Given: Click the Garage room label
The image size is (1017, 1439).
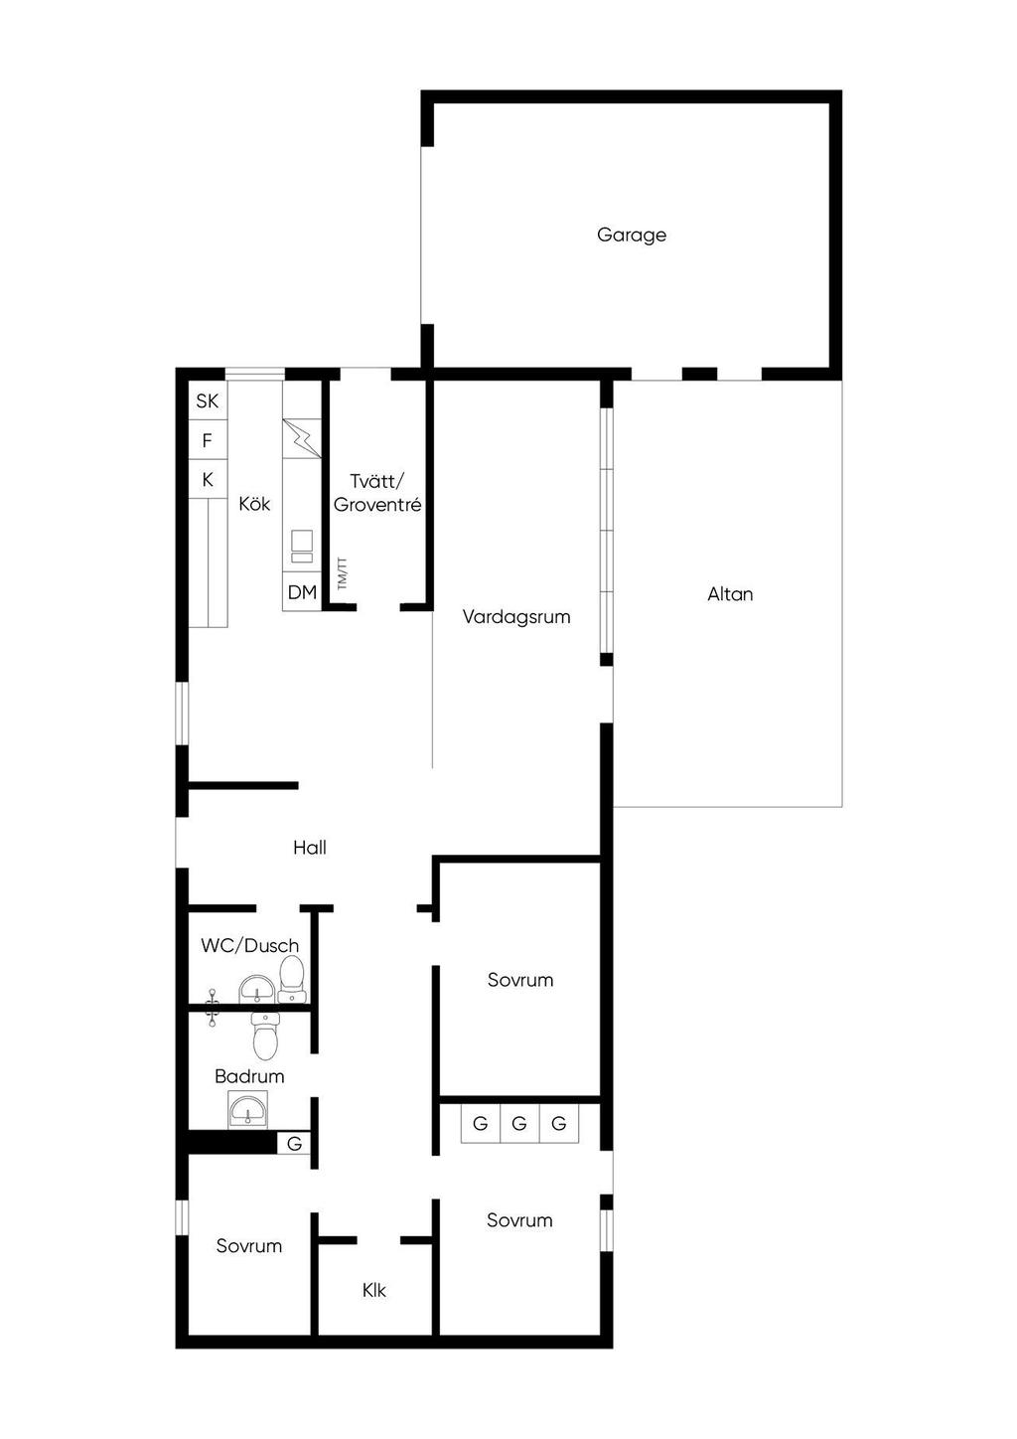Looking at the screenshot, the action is (x=631, y=236).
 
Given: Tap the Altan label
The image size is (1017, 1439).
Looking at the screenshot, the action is (x=730, y=594).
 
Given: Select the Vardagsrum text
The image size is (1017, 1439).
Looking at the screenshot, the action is (x=516, y=617).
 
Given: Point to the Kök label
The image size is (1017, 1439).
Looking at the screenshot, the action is (x=254, y=503).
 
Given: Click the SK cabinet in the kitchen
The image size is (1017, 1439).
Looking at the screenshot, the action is (x=208, y=400).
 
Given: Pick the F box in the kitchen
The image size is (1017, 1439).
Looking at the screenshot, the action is (x=208, y=440).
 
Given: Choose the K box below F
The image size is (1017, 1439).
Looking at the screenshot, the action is (x=208, y=479).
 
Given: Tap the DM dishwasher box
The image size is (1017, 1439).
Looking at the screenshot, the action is (x=302, y=592).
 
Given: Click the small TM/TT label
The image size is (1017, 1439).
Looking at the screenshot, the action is (x=342, y=573).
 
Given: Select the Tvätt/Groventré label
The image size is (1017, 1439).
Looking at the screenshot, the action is (x=377, y=493).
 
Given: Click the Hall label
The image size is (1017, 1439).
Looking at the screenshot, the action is (x=310, y=848).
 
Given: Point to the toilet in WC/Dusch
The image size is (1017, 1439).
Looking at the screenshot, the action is (x=291, y=979).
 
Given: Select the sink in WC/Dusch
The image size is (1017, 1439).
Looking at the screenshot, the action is (x=257, y=990).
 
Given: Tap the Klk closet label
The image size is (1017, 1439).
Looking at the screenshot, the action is (x=373, y=1290).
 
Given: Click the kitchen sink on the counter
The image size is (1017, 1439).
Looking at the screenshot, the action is (x=302, y=546).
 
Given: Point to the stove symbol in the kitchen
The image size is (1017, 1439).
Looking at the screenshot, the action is (x=302, y=439).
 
